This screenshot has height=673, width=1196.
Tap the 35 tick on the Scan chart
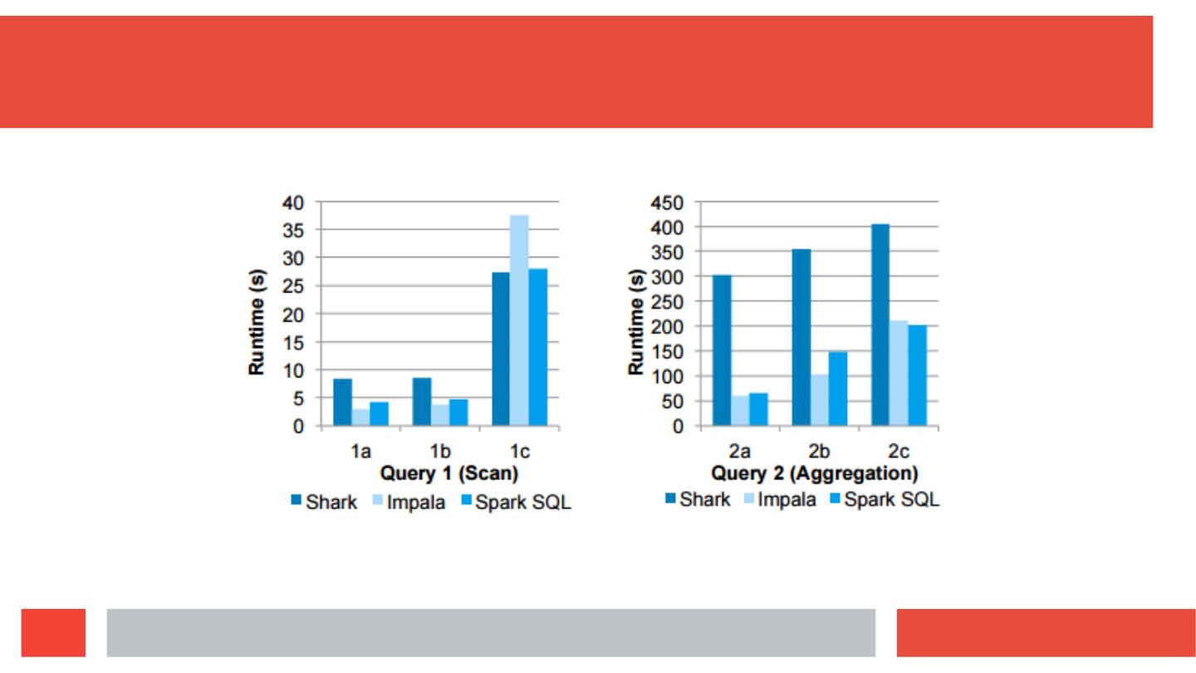pyautogui.click(x=294, y=230)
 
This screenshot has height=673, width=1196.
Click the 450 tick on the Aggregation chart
pyautogui.click(x=667, y=202)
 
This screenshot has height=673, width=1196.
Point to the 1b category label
pyautogui.click(x=440, y=451)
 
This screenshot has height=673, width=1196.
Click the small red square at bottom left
pyautogui.click(x=54, y=633)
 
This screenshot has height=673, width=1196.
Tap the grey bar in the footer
pyautogui.click(x=491, y=633)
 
